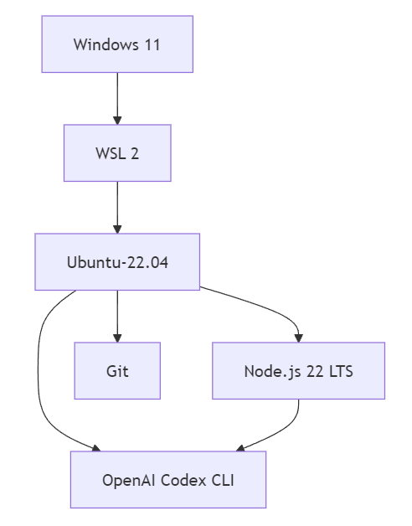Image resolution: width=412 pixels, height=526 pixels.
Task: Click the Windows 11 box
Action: pyautogui.click(x=117, y=44)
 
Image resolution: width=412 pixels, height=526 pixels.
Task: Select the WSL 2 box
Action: pyautogui.click(x=117, y=153)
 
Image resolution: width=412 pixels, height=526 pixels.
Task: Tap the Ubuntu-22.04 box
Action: pyautogui.click(x=117, y=262)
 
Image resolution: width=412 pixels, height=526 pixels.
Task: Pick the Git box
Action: pyautogui.click(x=117, y=371)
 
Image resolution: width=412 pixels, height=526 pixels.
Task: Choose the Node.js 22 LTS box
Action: pyautogui.click(x=299, y=371)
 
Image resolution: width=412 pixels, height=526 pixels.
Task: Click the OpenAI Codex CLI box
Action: pyautogui.click(x=168, y=480)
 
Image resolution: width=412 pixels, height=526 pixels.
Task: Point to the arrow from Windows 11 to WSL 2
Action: pyautogui.click(x=117, y=99)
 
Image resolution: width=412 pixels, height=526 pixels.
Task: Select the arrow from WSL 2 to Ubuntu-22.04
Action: pyautogui.click(x=117, y=208)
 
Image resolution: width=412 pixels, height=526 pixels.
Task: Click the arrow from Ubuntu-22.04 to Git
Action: pyautogui.click(x=117, y=317)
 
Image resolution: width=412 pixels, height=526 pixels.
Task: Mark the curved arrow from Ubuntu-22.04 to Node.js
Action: pyautogui.click(x=265, y=306)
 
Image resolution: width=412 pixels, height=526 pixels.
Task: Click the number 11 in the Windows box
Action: pyautogui.click(x=152, y=44)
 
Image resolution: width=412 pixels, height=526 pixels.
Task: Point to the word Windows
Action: pyautogui.click(x=106, y=44)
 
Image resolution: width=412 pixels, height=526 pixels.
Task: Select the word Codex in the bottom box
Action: pyautogui.click(x=183, y=481)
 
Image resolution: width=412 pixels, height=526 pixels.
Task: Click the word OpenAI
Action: pyautogui.click(x=129, y=481)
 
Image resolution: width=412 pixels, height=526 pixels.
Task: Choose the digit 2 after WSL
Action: pyautogui.click(x=135, y=153)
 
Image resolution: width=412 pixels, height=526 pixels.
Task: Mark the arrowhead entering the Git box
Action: pyautogui.click(x=117, y=338)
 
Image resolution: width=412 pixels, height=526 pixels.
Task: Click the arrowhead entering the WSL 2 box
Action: pyautogui.click(x=117, y=121)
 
